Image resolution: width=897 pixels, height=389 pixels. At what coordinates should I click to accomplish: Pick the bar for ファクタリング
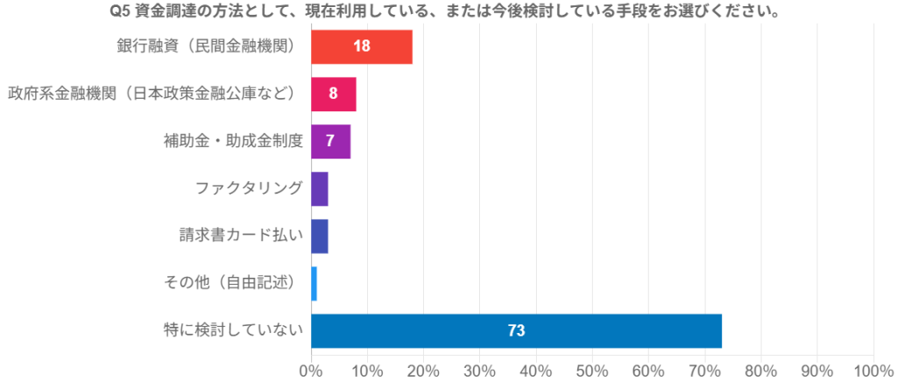[320, 188]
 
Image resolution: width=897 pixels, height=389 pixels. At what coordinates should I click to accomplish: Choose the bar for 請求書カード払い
[320, 236]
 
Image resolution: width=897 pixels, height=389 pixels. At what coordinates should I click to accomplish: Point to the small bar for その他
[314, 283]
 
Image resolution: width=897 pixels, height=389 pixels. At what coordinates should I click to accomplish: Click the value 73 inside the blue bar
[516, 330]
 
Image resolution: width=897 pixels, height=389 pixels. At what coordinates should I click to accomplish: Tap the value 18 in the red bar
[362, 46]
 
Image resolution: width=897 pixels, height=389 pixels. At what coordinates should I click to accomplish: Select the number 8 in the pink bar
[334, 94]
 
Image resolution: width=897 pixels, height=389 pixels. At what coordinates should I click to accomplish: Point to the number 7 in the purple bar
[331, 141]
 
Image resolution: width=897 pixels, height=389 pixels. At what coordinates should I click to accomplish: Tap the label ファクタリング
[249, 187]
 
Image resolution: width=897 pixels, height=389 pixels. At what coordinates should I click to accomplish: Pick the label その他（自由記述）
[233, 282]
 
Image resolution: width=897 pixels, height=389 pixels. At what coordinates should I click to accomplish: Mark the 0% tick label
[311, 371]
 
